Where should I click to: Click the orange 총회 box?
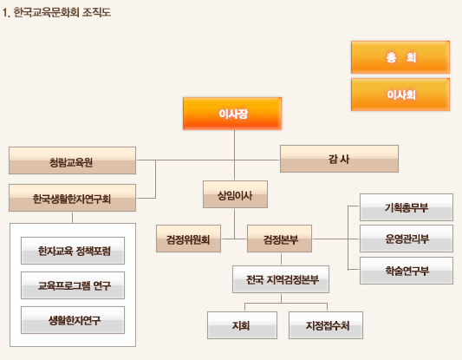point(400,57)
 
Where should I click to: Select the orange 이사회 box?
point(400,95)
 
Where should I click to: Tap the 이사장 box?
point(232,114)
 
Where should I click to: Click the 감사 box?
point(339,159)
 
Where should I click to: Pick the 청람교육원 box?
point(72,160)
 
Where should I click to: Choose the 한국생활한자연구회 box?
point(72,198)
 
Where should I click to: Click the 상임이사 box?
point(235,194)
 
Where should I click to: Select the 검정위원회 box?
point(188,239)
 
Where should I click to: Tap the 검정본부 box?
point(279,239)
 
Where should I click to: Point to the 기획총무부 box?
point(407,207)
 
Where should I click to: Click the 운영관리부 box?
point(407,239)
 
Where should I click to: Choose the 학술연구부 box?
point(407,271)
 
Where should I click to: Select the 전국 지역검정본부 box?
point(281,279)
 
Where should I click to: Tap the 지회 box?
point(242,325)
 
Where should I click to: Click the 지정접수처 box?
point(326,325)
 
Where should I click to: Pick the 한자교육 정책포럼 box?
point(73,251)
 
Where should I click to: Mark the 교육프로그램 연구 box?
point(73,285)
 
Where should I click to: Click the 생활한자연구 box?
point(73,320)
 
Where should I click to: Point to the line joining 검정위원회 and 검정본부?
point(234,239)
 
